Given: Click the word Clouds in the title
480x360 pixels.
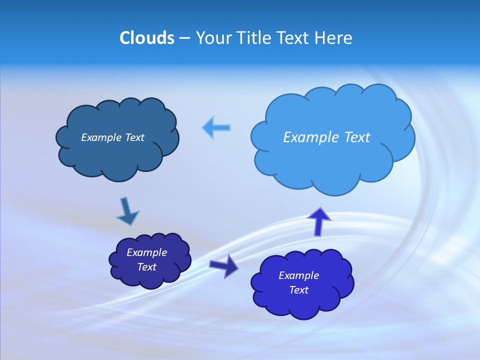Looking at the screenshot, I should tap(146, 38).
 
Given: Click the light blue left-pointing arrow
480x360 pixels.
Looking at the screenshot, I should tap(216, 128).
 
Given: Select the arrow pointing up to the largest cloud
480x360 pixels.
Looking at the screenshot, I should tap(318, 221).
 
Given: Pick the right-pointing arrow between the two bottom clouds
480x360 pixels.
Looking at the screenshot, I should tap(224, 265).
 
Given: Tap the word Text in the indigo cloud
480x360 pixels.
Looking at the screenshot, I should tap(147, 267).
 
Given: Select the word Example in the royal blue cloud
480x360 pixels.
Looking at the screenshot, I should tap(298, 275).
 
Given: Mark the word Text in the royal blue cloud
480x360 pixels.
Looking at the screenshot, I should tap(298, 290).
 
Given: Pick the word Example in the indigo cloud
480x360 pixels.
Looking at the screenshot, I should tap(147, 252).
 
